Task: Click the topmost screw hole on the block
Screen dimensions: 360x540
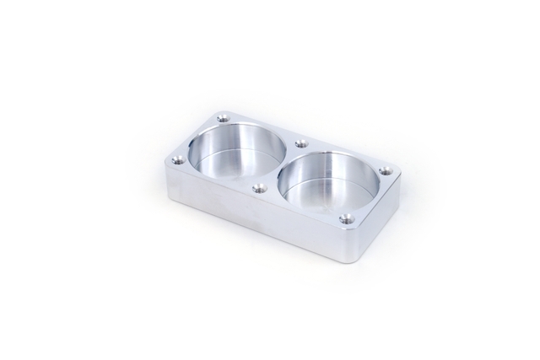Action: tap(223, 118)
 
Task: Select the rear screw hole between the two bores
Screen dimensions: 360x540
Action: tap(300, 144)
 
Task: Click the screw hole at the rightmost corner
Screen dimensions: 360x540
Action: tap(386, 171)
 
